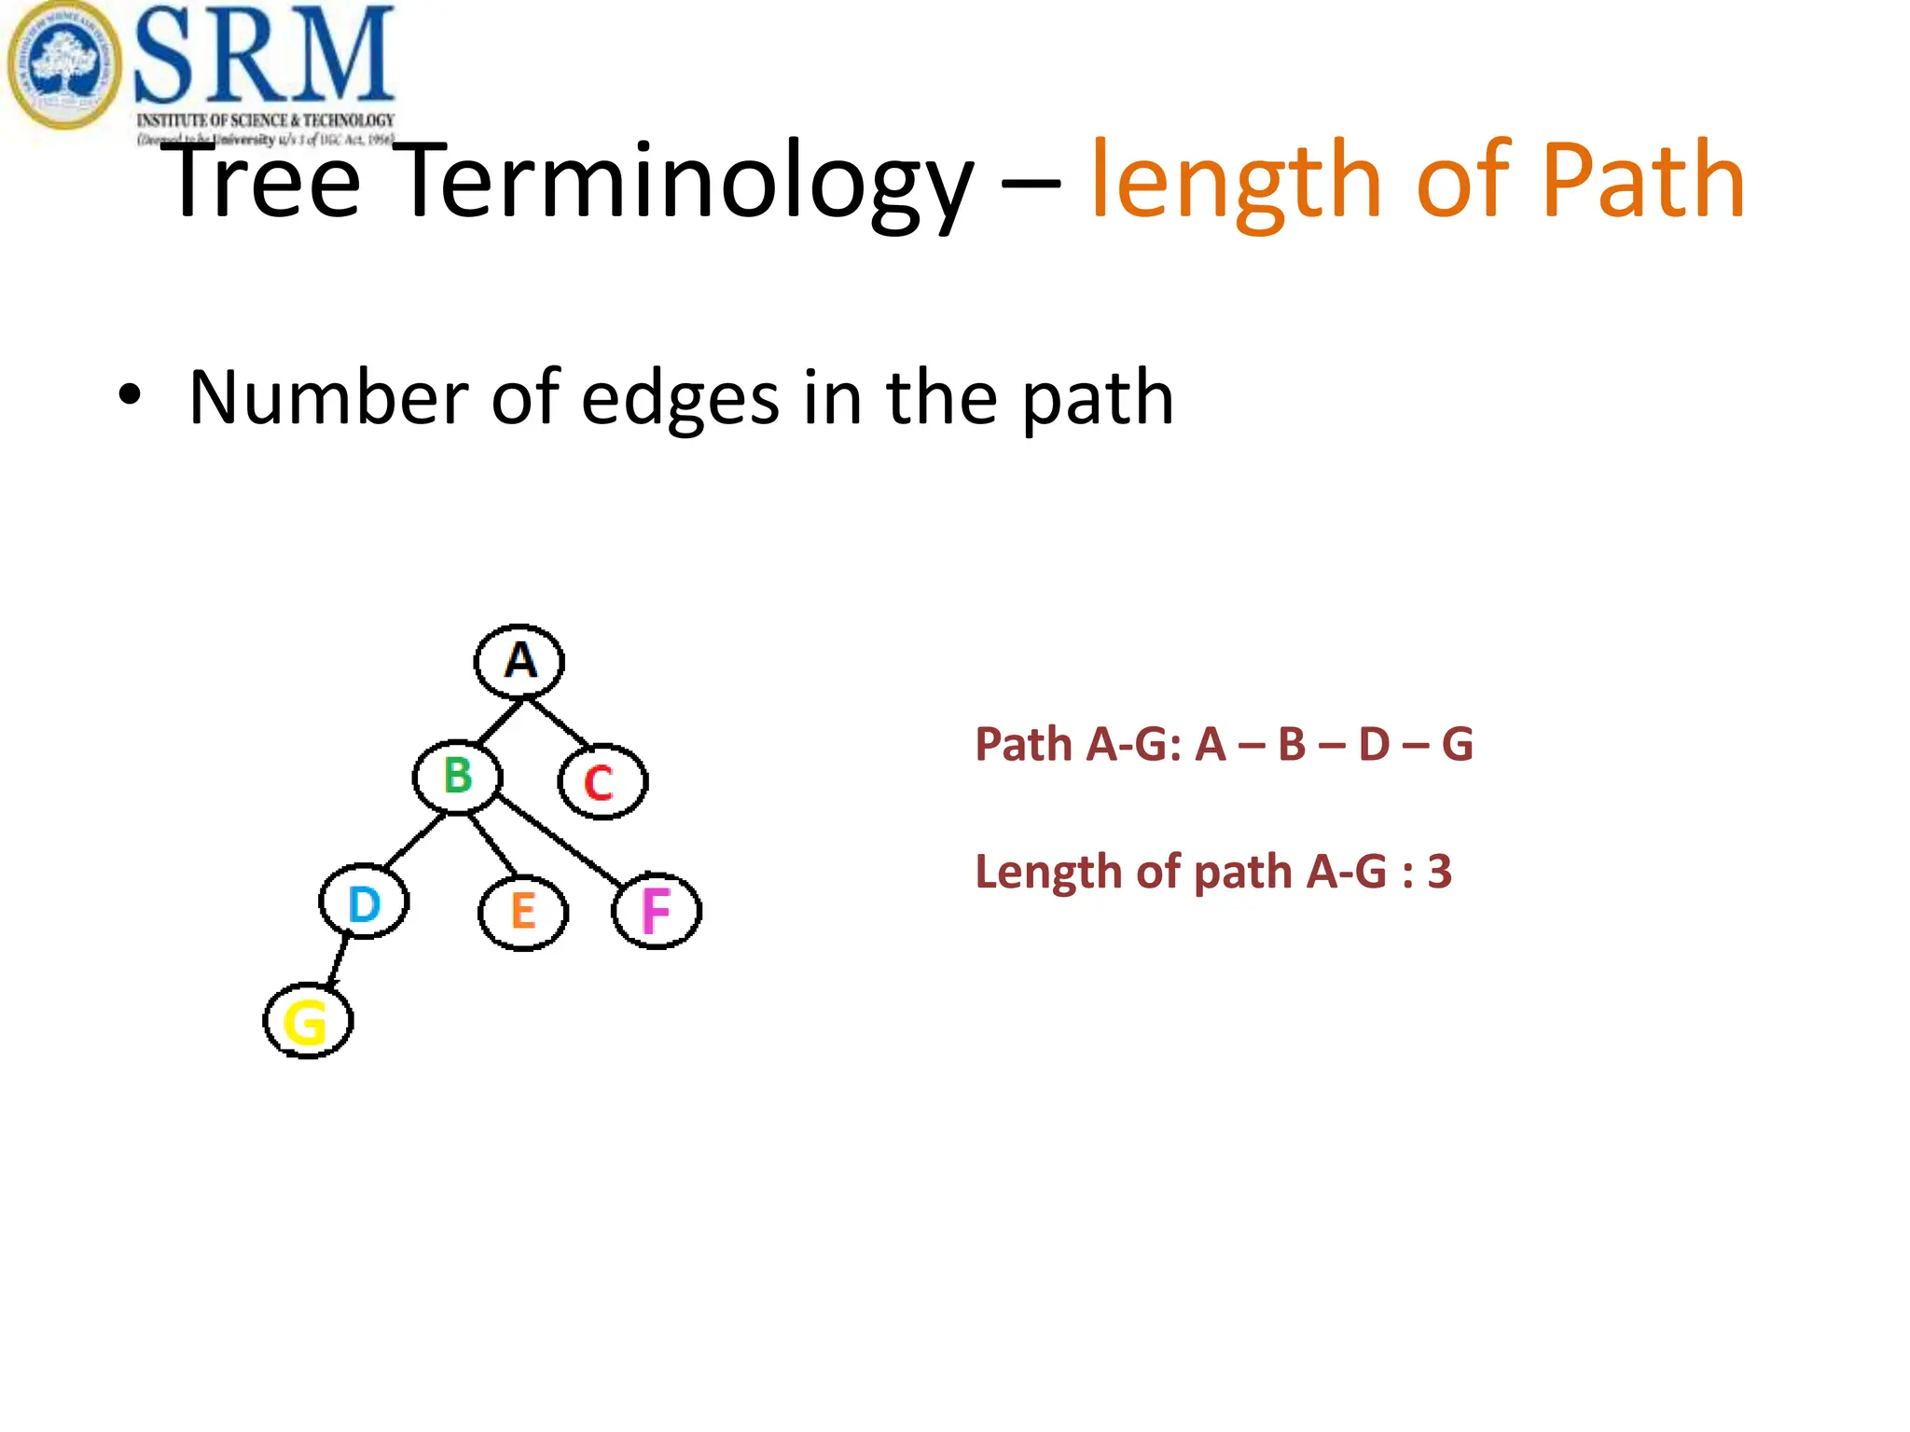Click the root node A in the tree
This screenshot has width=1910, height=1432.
[x=519, y=661]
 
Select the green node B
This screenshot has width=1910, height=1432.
[x=457, y=777]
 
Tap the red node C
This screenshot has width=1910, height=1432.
[x=602, y=782]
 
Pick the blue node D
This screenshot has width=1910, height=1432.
[x=364, y=903]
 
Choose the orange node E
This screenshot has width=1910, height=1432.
[x=523, y=911]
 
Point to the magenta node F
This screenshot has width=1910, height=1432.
[x=657, y=911]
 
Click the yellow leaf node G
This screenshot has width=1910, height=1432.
[x=308, y=1022]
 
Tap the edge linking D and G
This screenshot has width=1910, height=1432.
[x=339, y=960]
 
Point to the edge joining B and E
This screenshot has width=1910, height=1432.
[x=491, y=845]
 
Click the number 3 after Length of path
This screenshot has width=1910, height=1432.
[x=1439, y=872]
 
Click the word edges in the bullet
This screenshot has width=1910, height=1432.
[x=680, y=398]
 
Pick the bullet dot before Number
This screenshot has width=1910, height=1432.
[x=130, y=395]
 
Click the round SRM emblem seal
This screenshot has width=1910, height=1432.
[x=63, y=65]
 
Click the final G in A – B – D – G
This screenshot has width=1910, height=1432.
[x=1457, y=745]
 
